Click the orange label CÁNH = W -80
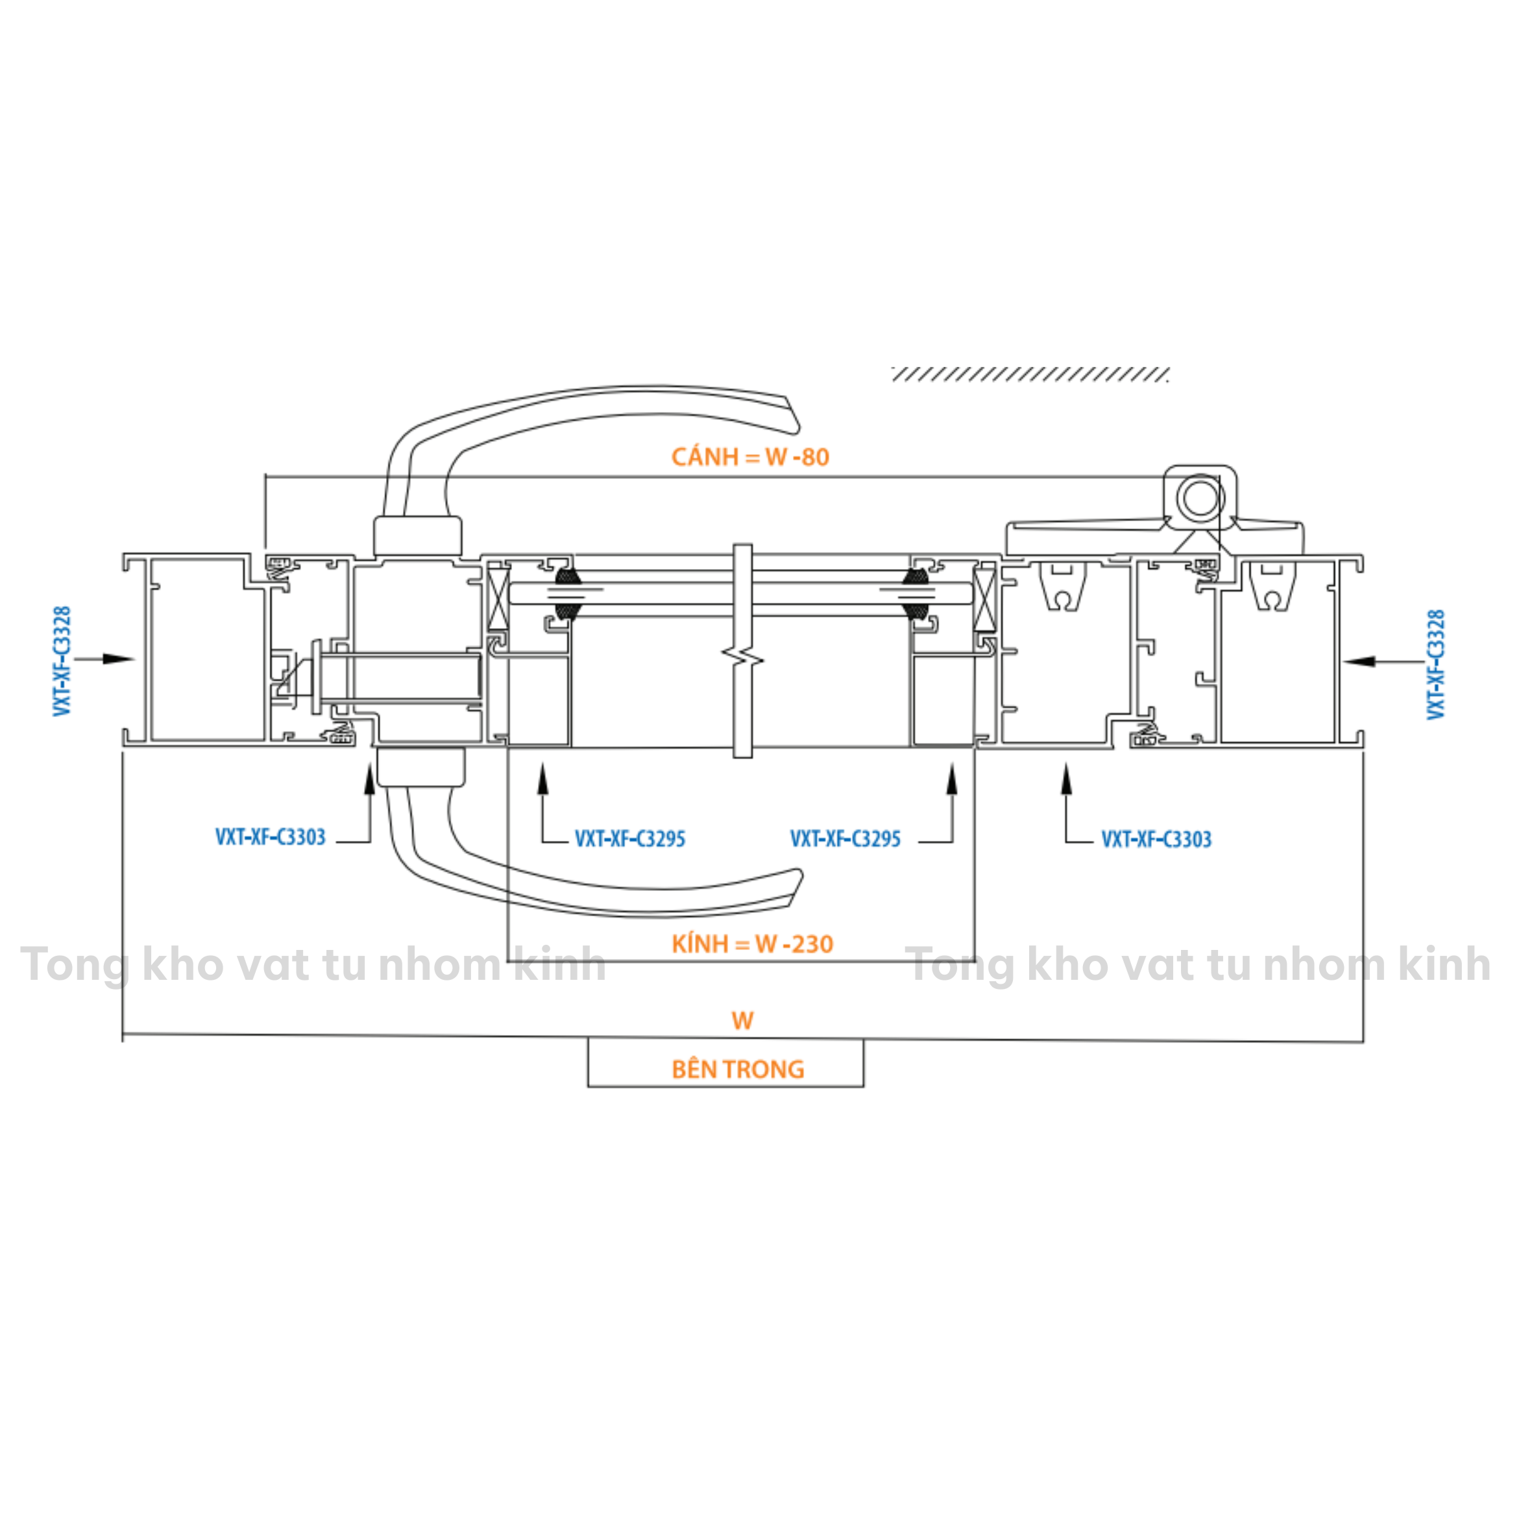click(750, 457)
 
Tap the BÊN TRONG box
click(726, 1064)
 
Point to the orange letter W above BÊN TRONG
click(742, 1021)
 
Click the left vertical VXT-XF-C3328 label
click(62, 661)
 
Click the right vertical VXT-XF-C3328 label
click(1436, 664)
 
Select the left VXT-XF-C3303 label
click(270, 837)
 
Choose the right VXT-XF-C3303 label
click(1156, 839)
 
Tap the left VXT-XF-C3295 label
click(630, 838)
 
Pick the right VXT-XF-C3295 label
click(846, 838)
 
